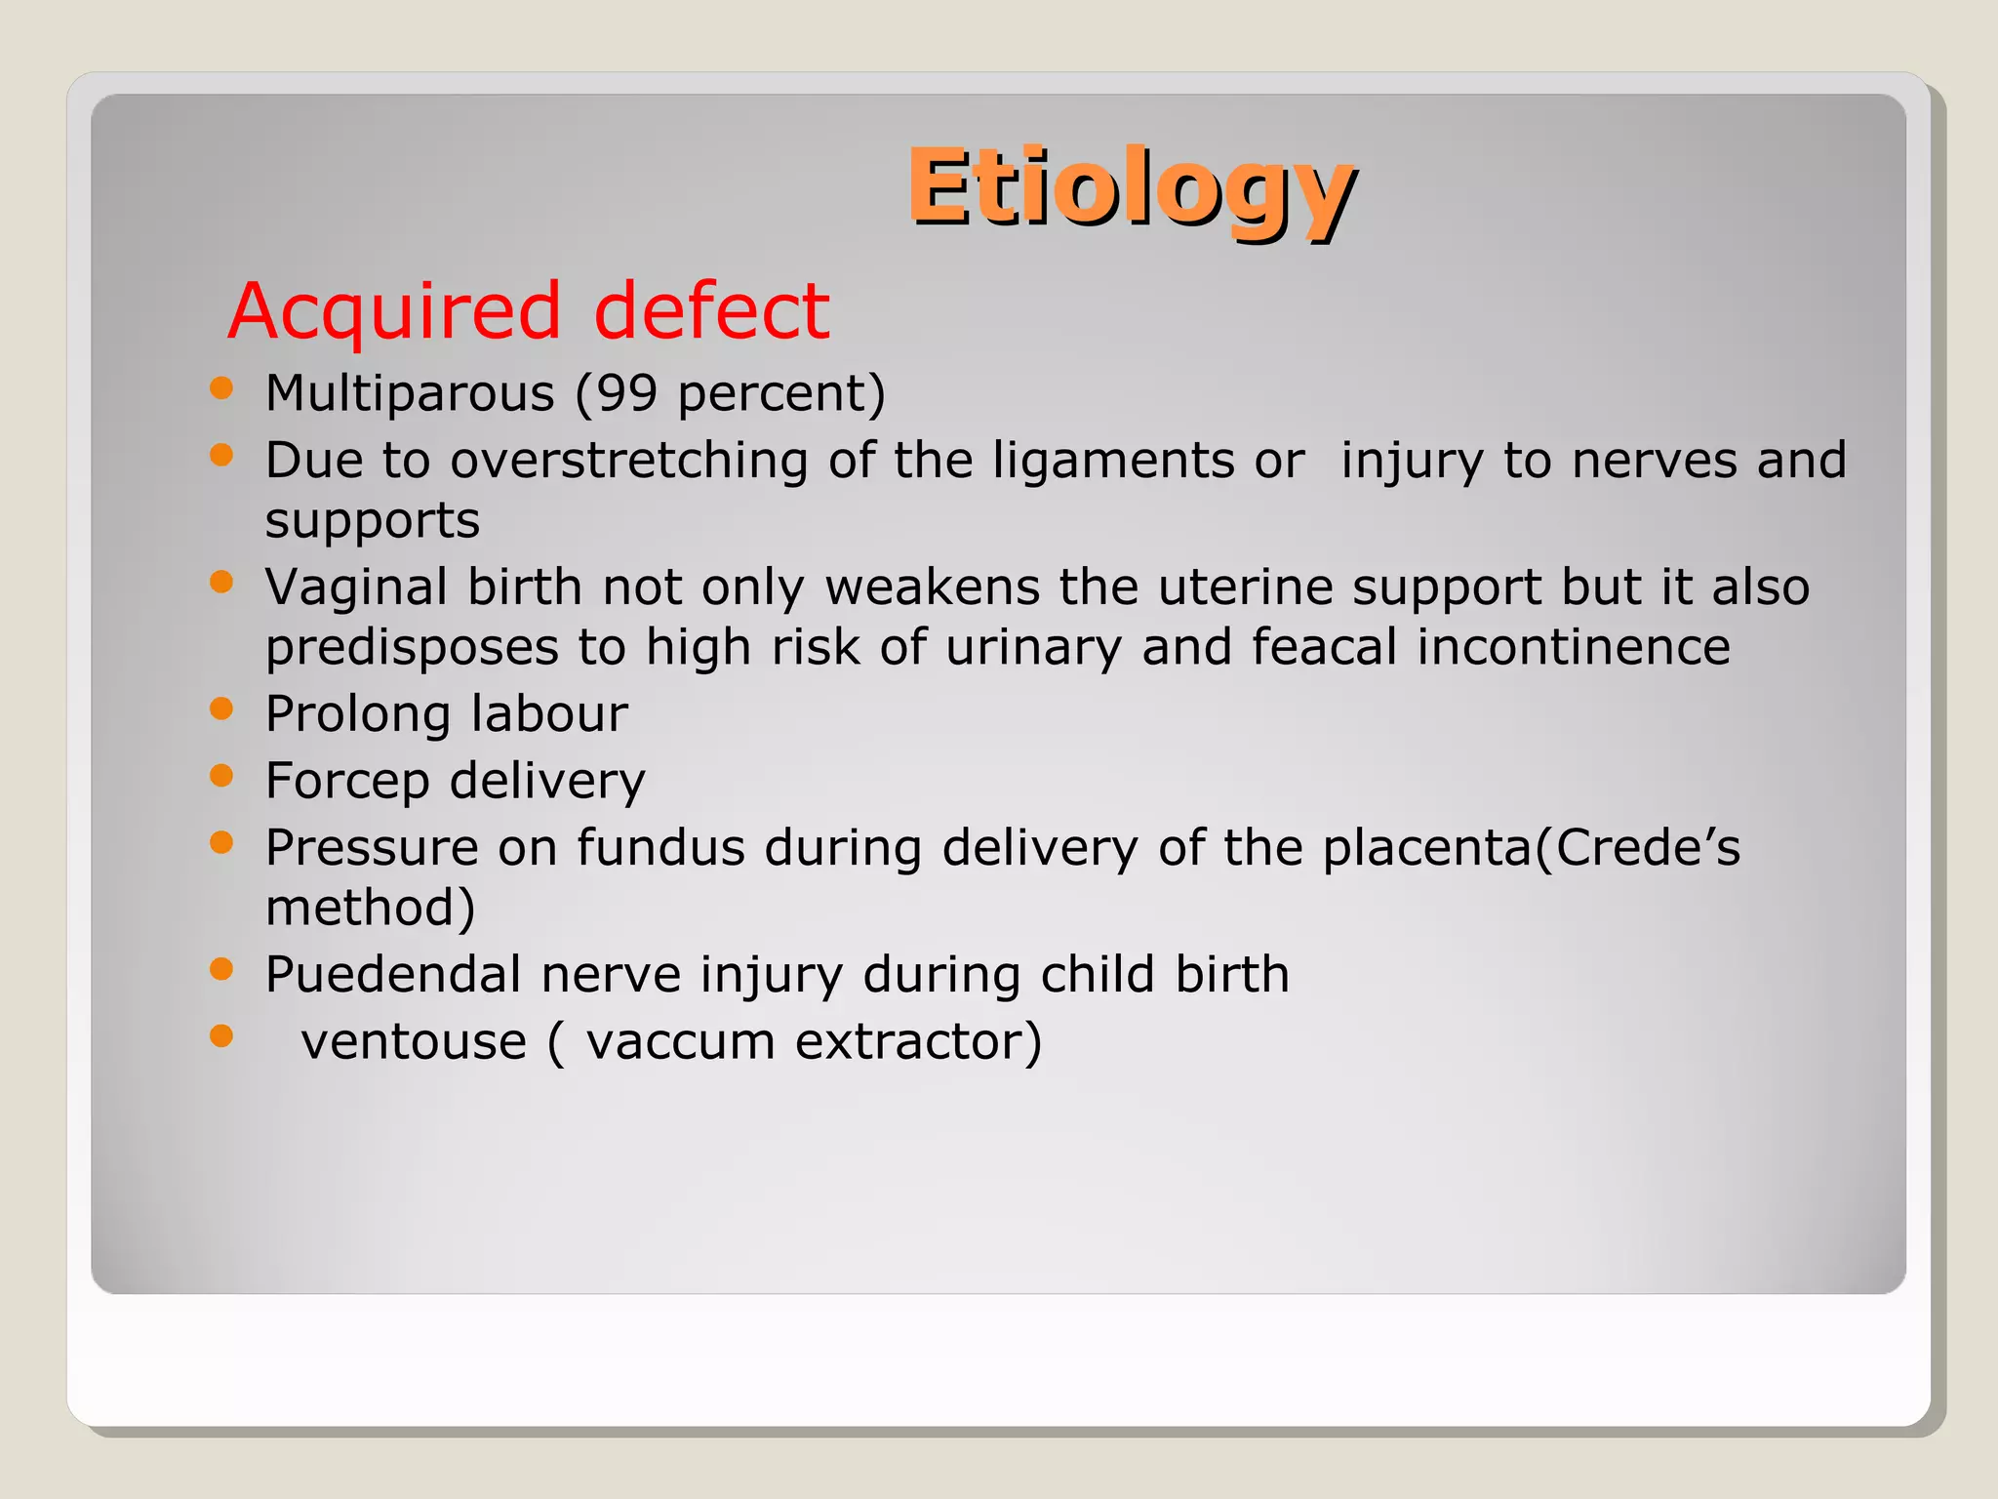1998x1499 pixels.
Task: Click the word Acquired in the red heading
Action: click(394, 312)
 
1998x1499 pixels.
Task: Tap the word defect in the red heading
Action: click(711, 312)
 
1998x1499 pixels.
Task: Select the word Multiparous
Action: click(410, 394)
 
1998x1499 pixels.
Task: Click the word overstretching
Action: click(628, 461)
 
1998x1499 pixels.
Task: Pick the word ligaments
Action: click(1113, 461)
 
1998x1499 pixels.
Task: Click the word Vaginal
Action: click(356, 587)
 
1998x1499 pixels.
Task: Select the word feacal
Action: click(1324, 647)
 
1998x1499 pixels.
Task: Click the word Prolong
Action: click(356, 714)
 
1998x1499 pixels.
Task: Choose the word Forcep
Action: click(347, 782)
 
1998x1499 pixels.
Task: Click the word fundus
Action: click(660, 847)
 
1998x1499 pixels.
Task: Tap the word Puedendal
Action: click(391, 974)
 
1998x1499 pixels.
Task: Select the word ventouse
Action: click(414, 1041)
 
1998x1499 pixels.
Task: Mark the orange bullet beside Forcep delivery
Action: click(221, 776)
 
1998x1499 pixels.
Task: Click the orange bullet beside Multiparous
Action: click(221, 388)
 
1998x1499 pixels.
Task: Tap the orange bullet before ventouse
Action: click(221, 1035)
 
